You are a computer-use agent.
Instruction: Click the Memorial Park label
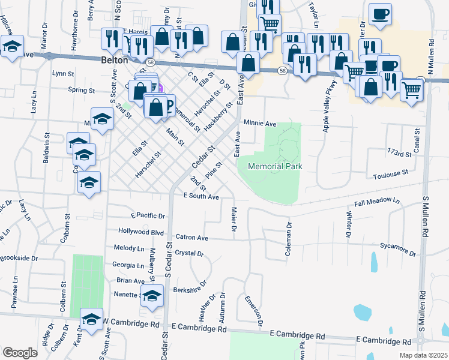[x=274, y=166]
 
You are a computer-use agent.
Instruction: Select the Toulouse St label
[x=390, y=172]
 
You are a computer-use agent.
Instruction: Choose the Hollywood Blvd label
[x=141, y=232]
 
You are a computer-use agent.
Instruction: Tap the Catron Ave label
[x=191, y=238]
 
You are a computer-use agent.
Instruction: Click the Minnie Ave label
[x=260, y=124]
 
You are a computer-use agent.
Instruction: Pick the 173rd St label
[x=399, y=154]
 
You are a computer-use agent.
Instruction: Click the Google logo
[x=20, y=352]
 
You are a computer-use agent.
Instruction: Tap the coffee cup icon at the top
[x=379, y=14]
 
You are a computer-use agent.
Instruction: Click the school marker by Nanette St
[x=152, y=296]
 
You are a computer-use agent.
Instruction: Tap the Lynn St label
[x=62, y=74]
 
